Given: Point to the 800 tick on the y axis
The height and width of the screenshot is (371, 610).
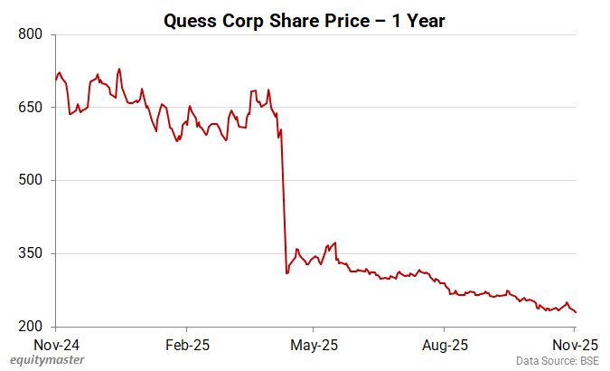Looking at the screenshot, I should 32,34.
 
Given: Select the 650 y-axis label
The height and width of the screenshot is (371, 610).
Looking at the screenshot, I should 32,108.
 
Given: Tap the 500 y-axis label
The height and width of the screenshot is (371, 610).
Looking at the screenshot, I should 32,181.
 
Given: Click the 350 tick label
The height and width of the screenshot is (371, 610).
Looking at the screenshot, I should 32,253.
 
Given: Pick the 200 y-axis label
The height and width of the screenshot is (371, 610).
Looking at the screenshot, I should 32,327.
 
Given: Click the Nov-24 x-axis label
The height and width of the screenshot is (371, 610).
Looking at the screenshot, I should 56,345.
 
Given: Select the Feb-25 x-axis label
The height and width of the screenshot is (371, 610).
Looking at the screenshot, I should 187,345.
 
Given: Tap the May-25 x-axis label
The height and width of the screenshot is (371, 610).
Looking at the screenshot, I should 312,345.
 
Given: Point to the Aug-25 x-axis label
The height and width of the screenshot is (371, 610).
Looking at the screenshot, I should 445,345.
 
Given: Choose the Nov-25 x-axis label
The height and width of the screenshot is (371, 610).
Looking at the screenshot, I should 575,345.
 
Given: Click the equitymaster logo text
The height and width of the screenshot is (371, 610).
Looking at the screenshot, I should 48,361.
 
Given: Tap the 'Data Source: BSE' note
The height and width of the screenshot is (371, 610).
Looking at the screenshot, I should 558,361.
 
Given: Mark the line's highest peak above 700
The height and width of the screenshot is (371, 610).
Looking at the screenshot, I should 119,69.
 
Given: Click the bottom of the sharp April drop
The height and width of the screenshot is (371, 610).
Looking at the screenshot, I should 286,272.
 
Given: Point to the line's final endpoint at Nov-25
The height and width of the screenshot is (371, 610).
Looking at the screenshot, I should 577,312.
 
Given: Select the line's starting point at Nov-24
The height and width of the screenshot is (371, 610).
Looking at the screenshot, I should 56,80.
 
